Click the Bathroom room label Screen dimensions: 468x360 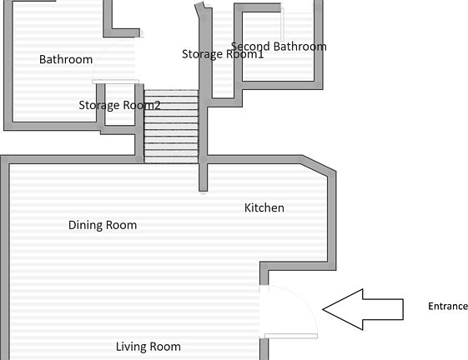[66, 59]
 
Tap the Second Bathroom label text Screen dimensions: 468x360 [279, 47]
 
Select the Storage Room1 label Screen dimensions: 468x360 [223, 54]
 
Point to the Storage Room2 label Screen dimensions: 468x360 [119, 105]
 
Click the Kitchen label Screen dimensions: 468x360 [264, 207]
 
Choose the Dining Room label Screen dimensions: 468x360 [103, 225]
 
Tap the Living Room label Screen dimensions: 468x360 [148, 347]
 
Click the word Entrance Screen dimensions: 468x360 [448, 307]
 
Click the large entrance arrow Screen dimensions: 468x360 [363, 310]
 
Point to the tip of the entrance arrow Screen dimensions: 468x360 [323, 310]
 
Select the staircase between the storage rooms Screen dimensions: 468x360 [171, 127]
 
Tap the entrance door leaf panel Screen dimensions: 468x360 [291, 336]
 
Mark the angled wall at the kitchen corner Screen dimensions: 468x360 [319, 163]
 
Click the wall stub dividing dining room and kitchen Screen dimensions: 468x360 [204, 177]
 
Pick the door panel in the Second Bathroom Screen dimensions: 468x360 [282, 24]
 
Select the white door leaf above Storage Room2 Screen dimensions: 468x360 [115, 82]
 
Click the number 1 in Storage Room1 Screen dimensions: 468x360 [261, 54]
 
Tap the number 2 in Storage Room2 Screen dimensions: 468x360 [158, 105]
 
